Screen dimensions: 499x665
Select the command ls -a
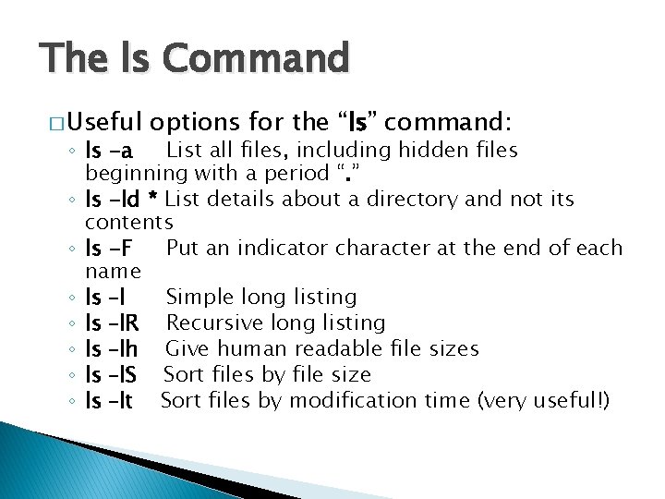(x=110, y=151)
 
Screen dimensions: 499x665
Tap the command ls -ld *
(x=121, y=199)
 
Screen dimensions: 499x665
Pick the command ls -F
(x=111, y=248)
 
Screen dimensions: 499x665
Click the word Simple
(x=197, y=298)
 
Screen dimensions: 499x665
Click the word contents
(x=128, y=223)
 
